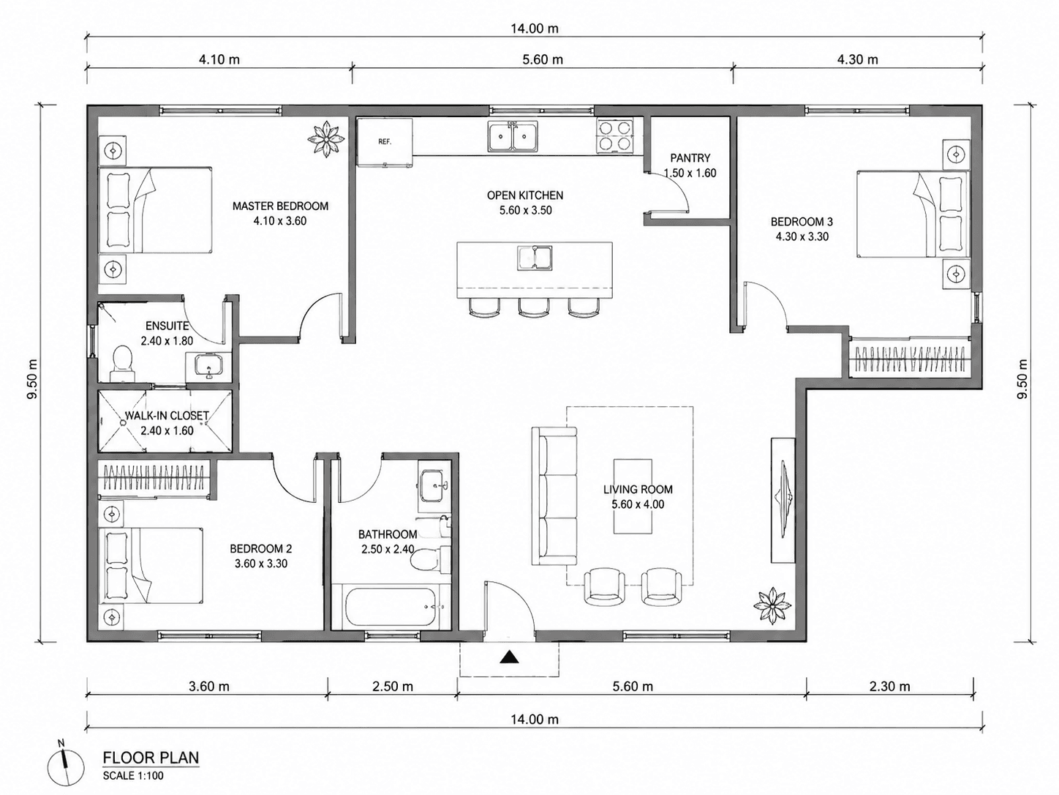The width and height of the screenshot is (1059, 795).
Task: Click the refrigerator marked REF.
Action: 385,142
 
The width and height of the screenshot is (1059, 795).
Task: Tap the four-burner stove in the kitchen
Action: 614,135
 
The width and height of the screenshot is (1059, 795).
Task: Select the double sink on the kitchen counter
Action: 513,137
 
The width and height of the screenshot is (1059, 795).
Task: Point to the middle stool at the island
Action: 534,307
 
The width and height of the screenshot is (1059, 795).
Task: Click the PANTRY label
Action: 690,158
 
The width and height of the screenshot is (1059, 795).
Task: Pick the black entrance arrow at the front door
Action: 508,657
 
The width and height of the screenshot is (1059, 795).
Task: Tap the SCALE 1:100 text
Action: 133,776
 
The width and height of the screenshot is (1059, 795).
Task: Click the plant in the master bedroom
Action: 326,138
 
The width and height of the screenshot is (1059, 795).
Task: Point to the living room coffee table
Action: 633,496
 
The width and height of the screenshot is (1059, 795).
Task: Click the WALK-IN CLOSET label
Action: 167,416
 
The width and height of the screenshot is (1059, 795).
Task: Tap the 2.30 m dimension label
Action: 889,687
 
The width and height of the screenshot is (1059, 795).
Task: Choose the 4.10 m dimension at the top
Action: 219,59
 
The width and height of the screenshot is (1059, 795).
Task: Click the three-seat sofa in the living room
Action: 554,496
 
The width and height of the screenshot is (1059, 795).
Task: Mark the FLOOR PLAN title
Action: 151,758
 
